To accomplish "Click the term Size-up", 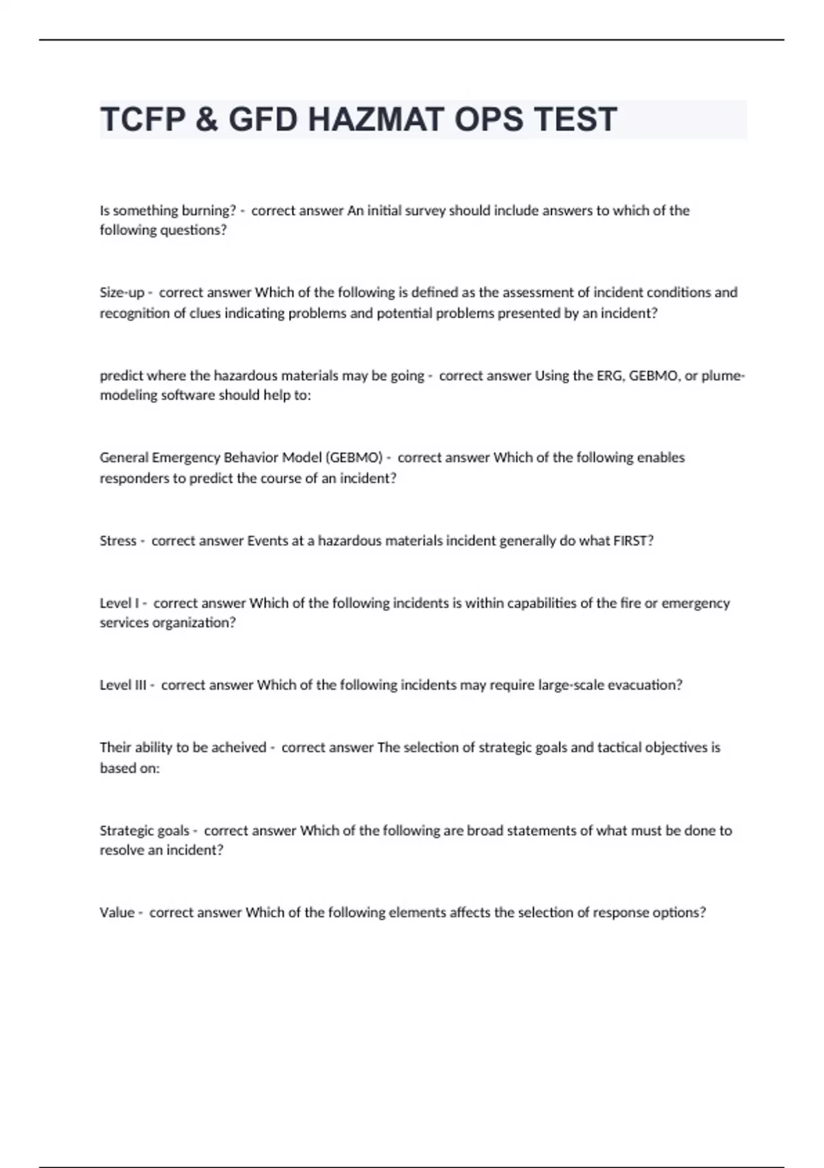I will coord(122,293).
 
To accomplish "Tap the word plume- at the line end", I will coord(723,376).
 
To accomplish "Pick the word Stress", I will coord(117,541).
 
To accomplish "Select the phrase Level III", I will coord(123,685).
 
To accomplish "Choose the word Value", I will coord(117,912).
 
